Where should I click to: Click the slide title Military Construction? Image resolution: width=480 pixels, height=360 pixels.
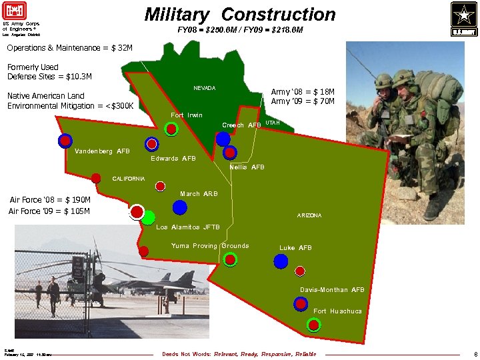(x=240, y=14)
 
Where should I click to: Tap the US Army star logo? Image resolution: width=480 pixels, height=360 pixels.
(x=464, y=18)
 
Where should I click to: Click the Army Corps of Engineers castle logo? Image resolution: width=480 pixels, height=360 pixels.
(x=13, y=13)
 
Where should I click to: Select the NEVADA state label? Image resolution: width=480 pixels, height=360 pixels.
(x=204, y=89)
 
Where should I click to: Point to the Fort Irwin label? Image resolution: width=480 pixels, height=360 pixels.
(x=187, y=115)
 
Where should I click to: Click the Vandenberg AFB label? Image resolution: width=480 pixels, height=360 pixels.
(x=102, y=151)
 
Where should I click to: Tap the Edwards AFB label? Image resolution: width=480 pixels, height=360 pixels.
(x=173, y=159)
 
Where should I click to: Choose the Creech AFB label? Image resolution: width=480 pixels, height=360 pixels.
(x=241, y=125)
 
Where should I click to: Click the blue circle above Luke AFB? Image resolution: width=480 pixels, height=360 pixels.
(x=287, y=261)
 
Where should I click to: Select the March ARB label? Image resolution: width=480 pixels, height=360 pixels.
(x=199, y=194)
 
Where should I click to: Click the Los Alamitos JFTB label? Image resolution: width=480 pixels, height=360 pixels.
(x=187, y=227)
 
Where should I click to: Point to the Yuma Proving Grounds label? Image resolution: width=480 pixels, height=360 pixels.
(x=210, y=246)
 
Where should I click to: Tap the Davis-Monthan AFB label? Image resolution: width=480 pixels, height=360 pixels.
(x=332, y=290)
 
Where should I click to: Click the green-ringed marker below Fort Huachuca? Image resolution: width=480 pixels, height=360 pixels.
(x=313, y=325)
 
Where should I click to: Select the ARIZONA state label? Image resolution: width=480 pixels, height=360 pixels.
(x=309, y=215)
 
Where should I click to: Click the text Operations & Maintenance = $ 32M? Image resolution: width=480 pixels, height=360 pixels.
(x=69, y=48)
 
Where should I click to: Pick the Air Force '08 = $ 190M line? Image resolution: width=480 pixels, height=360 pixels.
(x=50, y=199)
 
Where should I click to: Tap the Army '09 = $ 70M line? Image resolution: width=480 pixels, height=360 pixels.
(x=303, y=101)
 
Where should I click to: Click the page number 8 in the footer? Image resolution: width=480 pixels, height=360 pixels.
(x=475, y=354)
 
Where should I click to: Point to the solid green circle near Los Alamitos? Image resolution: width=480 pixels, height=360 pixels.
(x=148, y=217)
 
